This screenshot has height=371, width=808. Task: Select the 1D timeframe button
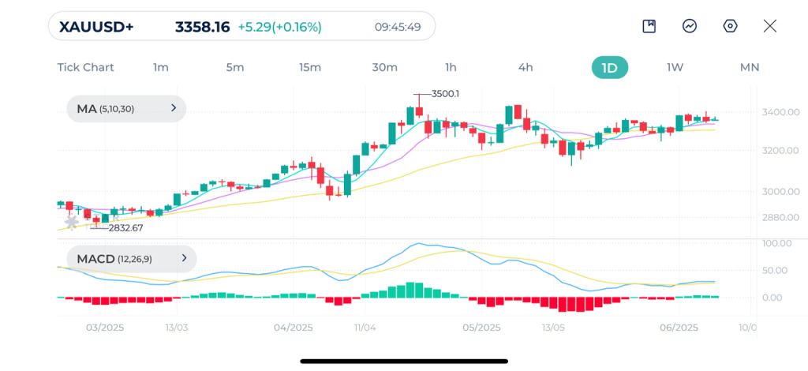pos(609,67)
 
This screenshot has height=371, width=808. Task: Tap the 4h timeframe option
pos(526,67)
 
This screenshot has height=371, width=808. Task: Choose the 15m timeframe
pos(310,67)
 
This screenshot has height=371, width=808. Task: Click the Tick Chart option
pos(85,67)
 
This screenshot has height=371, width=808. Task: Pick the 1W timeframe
pos(675,67)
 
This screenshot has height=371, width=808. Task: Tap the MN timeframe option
pos(749,67)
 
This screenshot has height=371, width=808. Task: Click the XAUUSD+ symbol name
pos(97,27)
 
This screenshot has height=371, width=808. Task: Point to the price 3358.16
pos(202,27)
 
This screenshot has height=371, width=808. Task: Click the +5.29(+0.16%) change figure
pos(279,27)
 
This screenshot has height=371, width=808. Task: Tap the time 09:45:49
pos(398,27)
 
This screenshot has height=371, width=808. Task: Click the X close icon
pos(770,26)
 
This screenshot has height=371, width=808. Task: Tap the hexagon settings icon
pos(730,26)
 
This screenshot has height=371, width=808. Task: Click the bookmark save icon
pos(649,26)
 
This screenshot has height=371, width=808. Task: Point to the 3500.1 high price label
pos(445,94)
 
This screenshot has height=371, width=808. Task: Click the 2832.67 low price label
pos(126,228)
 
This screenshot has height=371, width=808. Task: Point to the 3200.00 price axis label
pos(780,150)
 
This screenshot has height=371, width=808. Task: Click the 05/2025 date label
pos(481,328)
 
